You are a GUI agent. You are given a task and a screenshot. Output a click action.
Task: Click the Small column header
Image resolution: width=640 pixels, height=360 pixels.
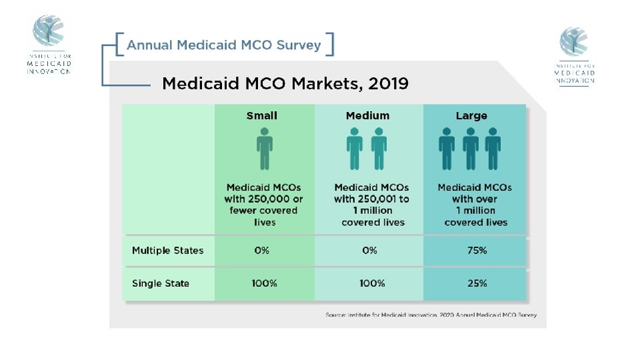(x=261, y=116)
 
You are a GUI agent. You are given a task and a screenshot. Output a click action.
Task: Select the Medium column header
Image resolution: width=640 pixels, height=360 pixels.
(x=367, y=116)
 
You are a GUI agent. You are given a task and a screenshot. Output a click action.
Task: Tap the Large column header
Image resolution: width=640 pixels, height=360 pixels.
(x=471, y=116)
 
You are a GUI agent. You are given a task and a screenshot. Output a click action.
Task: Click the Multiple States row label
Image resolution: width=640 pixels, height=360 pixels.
(x=168, y=251)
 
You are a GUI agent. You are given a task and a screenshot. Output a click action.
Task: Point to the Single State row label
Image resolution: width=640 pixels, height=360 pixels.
(x=161, y=283)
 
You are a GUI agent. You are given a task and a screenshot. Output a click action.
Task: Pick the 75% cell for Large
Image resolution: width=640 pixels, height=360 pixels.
(x=477, y=251)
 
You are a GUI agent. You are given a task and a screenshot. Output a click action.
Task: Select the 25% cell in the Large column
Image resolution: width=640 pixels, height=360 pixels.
(x=477, y=283)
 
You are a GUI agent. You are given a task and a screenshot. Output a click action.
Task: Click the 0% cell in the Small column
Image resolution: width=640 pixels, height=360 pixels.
(x=261, y=251)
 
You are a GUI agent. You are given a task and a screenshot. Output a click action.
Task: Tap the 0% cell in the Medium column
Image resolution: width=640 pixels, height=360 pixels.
(x=369, y=251)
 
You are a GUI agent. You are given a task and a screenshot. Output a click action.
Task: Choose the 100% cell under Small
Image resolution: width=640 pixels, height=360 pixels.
(x=264, y=283)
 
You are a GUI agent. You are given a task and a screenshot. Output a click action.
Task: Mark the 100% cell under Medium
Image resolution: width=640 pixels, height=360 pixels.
(x=372, y=283)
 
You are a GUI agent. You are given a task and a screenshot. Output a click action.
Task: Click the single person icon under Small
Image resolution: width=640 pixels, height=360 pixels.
(x=265, y=149)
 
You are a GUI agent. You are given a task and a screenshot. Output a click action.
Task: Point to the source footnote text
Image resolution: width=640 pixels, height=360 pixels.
(x=431, y=315)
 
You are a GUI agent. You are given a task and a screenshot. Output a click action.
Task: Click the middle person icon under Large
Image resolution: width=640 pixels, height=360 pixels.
(x=470, y=149)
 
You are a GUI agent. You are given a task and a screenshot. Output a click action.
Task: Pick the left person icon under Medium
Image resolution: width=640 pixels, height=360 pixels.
(x=355, y=149)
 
